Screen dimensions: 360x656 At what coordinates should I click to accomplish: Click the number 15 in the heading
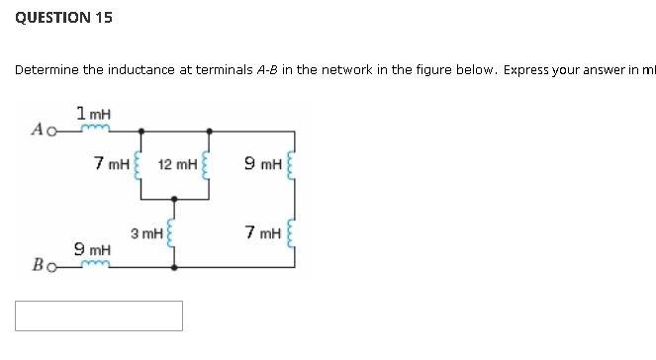tap(103, 18)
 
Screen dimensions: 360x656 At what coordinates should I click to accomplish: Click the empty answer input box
tap(99, 315)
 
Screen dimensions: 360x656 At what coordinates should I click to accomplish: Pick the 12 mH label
tap(177, 161)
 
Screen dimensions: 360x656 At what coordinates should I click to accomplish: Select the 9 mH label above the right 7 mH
tap(265, 161)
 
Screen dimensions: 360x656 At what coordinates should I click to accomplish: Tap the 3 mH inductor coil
tap(174, 233)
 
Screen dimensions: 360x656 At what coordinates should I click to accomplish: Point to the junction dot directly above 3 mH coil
tap(174, 197)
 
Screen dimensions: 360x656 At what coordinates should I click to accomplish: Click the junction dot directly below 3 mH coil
tap(174, 266)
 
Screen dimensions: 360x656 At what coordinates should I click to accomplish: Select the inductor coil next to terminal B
tap(94, 265)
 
